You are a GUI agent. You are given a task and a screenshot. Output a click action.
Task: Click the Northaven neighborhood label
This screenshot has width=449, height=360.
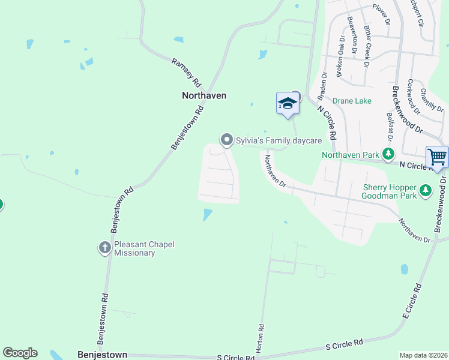point(204,95)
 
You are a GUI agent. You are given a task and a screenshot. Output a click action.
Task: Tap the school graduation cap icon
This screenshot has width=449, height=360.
point(288,103)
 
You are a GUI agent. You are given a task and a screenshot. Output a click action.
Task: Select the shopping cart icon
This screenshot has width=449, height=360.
point(437,157)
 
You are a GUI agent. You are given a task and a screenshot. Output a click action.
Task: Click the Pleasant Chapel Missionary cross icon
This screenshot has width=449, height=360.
point(104,247)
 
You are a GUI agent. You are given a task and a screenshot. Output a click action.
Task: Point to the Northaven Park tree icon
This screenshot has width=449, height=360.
point(389,154)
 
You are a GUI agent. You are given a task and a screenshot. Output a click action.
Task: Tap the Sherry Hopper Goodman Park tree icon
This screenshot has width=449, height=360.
point(426,191)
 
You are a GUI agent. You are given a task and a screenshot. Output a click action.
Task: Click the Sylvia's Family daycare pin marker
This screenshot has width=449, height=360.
point(227,140)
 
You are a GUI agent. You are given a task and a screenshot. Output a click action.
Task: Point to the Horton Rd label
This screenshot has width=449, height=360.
point(261,338)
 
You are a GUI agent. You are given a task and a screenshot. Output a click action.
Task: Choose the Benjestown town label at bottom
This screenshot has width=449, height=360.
point(102,355)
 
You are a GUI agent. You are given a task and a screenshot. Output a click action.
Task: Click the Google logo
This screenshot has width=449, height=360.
point(20,353)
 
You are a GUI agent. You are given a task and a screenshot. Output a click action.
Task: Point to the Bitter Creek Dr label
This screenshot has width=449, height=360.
point(366,49)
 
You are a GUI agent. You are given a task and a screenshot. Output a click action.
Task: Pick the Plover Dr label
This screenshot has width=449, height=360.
point(381,14)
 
